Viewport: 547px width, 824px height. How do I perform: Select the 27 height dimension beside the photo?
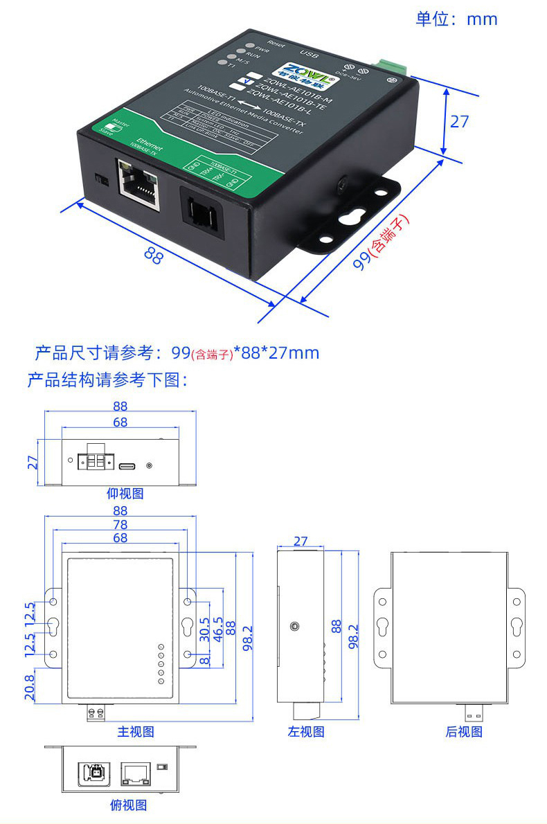click(459, 121)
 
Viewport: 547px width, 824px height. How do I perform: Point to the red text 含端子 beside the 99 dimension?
click(388, 233)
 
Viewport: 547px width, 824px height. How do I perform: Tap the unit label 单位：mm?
click(456, 19)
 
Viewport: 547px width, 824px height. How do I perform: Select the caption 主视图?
click(135, 731)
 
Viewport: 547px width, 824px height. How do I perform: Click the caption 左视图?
click(306, 731)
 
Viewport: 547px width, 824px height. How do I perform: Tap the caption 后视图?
click(463, 731)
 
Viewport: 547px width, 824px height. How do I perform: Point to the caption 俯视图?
click(128, 805)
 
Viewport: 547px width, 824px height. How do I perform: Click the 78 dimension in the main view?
click(120, 525)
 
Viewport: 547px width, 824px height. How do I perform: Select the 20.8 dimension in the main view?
click(30, 687)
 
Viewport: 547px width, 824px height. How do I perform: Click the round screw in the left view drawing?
click(295, 626)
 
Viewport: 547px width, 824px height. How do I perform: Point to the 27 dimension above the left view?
click(301, 541)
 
